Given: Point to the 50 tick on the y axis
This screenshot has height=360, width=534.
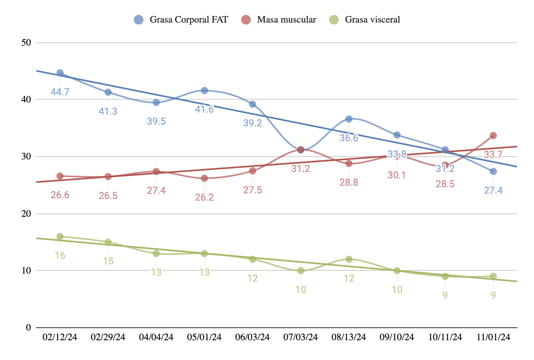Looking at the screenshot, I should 26,42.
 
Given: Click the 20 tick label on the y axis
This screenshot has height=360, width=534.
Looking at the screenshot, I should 26,213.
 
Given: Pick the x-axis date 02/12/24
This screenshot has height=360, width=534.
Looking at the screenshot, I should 60,337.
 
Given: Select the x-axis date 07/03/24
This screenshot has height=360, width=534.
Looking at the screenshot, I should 300,337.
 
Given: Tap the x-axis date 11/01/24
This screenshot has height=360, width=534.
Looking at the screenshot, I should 493,337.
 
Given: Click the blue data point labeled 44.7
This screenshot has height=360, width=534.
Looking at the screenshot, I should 60,73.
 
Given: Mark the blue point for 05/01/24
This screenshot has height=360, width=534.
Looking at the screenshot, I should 204,90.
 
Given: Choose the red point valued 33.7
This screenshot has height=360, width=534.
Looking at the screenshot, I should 493,136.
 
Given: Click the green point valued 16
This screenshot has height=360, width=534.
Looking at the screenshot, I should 60,237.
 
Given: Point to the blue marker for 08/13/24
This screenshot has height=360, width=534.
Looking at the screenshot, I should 349,119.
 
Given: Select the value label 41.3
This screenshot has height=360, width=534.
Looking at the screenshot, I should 108,111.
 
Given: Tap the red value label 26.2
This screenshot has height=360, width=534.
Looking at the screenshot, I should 204,197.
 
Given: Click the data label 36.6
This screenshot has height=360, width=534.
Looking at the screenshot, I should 349,138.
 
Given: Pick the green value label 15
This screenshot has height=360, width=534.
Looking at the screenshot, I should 108,261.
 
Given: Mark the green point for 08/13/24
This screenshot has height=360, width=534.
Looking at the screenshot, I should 349,259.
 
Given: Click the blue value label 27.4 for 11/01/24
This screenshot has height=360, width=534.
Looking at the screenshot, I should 493,190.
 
